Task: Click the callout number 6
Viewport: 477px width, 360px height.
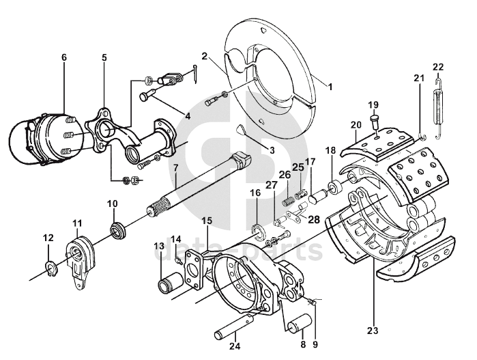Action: pos(63,57)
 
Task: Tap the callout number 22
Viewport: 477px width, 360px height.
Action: pos(438,66)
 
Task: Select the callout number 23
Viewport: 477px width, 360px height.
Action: pos(373,331)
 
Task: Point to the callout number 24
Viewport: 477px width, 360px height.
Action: pos(235,346)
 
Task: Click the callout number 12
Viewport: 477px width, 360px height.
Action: pos(48,238)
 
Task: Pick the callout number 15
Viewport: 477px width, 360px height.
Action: pos(207,221)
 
